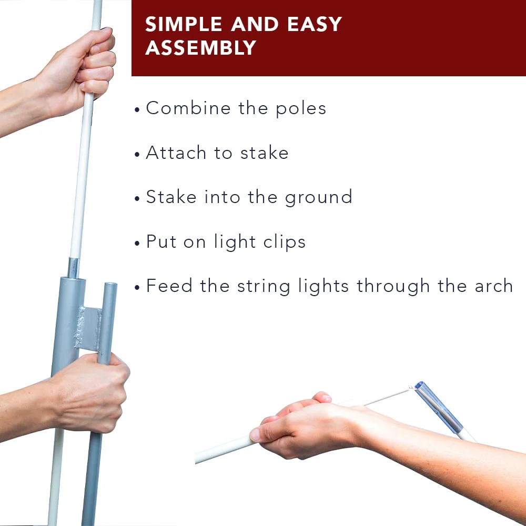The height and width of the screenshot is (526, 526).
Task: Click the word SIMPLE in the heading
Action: click(184, 24)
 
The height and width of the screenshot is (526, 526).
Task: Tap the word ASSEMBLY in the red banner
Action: click(201, 47)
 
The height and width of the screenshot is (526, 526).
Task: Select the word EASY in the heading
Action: click(315, 24)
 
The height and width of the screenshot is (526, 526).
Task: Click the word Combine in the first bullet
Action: click(188, 108)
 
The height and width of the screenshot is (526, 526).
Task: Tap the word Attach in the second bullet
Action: click(176, 153)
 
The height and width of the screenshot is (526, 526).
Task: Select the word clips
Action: click(285, 242)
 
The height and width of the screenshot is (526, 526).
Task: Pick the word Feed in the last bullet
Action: click(169, 286)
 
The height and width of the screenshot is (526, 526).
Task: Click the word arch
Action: click(494, 286)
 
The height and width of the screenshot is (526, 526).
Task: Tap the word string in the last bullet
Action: click(264, 287)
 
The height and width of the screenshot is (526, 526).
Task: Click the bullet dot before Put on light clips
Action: click(137, 242)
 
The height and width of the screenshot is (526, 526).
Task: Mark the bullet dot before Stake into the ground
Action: click(137, 198)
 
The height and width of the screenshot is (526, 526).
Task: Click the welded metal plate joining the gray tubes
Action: click(88, 328)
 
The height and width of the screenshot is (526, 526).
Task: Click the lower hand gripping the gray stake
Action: click(90, 393)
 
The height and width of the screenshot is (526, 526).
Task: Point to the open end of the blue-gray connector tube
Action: click(419, 385)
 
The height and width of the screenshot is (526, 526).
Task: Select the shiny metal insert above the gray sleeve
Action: click(73, 268)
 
